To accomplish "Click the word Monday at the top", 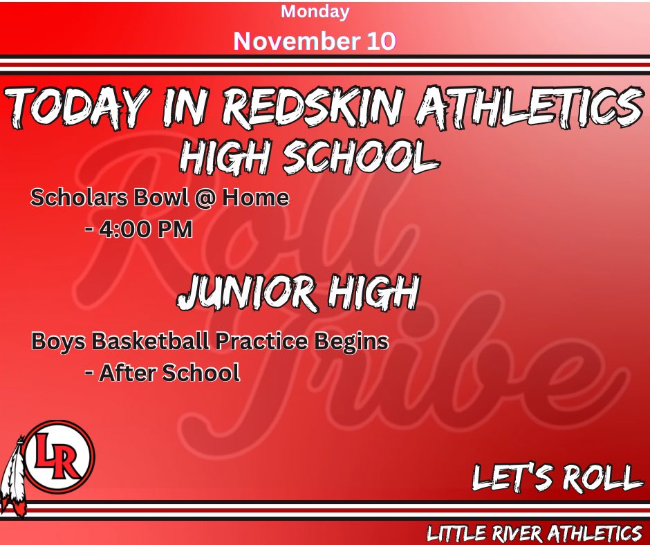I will [x=315, y=12].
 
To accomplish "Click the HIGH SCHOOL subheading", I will [x=308, y=158].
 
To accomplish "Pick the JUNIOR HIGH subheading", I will [x=298, y=293].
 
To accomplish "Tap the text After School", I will [x=169, y=373].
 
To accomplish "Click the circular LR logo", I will [x=58, y=456].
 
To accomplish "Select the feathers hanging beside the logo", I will [x=13, y=477].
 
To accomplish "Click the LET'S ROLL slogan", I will [x=557, y=477].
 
